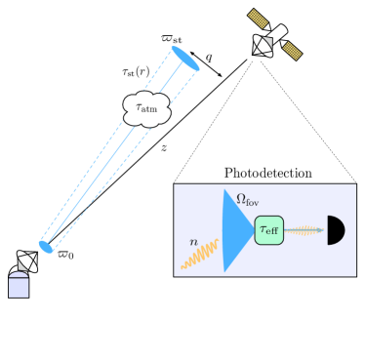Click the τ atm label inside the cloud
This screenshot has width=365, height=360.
[146, 107]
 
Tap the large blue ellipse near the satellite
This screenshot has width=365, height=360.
[185, 59]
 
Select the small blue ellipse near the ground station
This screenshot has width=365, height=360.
[46, 247]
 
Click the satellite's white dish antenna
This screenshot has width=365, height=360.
[263, 46]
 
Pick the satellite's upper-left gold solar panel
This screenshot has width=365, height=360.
[258, 19]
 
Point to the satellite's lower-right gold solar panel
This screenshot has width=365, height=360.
[292, 50]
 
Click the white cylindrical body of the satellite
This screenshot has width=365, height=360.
[277, 34]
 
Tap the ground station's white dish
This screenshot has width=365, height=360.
[27, 261]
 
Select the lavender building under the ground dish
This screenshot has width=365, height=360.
[19, 287]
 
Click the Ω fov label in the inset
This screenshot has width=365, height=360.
[247, 200]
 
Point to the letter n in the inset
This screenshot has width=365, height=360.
[193, 241]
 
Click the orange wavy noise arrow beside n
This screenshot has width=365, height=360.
[200, 256]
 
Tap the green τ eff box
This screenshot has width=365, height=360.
[269, 230]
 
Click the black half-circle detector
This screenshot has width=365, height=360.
[334, 230]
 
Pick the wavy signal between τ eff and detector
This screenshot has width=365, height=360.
[304, 230]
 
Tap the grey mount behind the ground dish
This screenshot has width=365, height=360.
[16, 272]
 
